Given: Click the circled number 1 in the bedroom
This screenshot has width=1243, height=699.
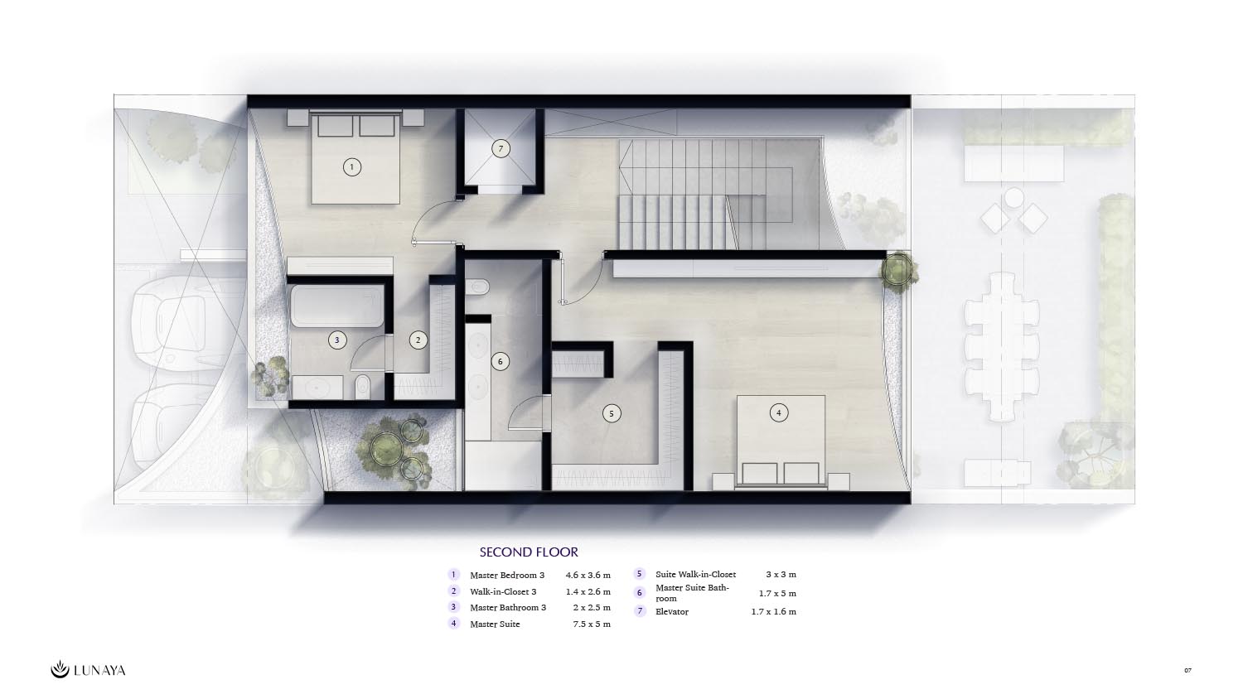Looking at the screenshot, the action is (352, 167).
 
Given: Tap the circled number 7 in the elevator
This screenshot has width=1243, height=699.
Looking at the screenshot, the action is (501, 149).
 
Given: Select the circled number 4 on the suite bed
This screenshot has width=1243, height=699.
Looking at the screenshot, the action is (779, 412).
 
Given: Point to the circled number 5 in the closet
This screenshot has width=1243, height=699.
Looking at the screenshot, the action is (612, 413).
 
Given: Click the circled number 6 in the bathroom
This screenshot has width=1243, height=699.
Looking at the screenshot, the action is (500, 362).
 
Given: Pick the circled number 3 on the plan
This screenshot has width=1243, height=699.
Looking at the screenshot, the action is (336, 340).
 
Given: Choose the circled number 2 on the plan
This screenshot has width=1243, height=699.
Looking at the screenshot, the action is (418, 340).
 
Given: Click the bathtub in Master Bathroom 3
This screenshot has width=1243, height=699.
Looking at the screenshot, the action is (337, 306).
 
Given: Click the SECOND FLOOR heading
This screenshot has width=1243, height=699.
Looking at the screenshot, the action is (529, 552).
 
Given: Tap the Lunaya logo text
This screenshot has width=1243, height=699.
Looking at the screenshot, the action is (100, 671).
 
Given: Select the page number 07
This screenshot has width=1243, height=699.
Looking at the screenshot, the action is (1187, 670).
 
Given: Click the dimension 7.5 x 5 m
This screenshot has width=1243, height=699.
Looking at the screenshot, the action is (592, 624).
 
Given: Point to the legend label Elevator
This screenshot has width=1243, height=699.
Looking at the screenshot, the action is (672, 611).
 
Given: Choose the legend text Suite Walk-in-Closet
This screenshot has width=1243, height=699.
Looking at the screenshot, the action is (696, 574).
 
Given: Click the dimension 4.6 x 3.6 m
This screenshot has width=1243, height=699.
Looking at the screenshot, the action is (588, 576).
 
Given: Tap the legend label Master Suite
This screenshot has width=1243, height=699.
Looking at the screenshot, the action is (495, 624).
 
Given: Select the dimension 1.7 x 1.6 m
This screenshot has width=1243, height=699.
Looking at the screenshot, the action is (773, 611).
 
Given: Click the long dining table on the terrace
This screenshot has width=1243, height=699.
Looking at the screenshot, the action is (1002, 346).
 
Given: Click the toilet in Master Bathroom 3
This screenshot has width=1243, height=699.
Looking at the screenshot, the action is (362, 386).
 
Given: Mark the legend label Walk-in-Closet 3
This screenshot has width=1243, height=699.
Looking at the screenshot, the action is (503, 591).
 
